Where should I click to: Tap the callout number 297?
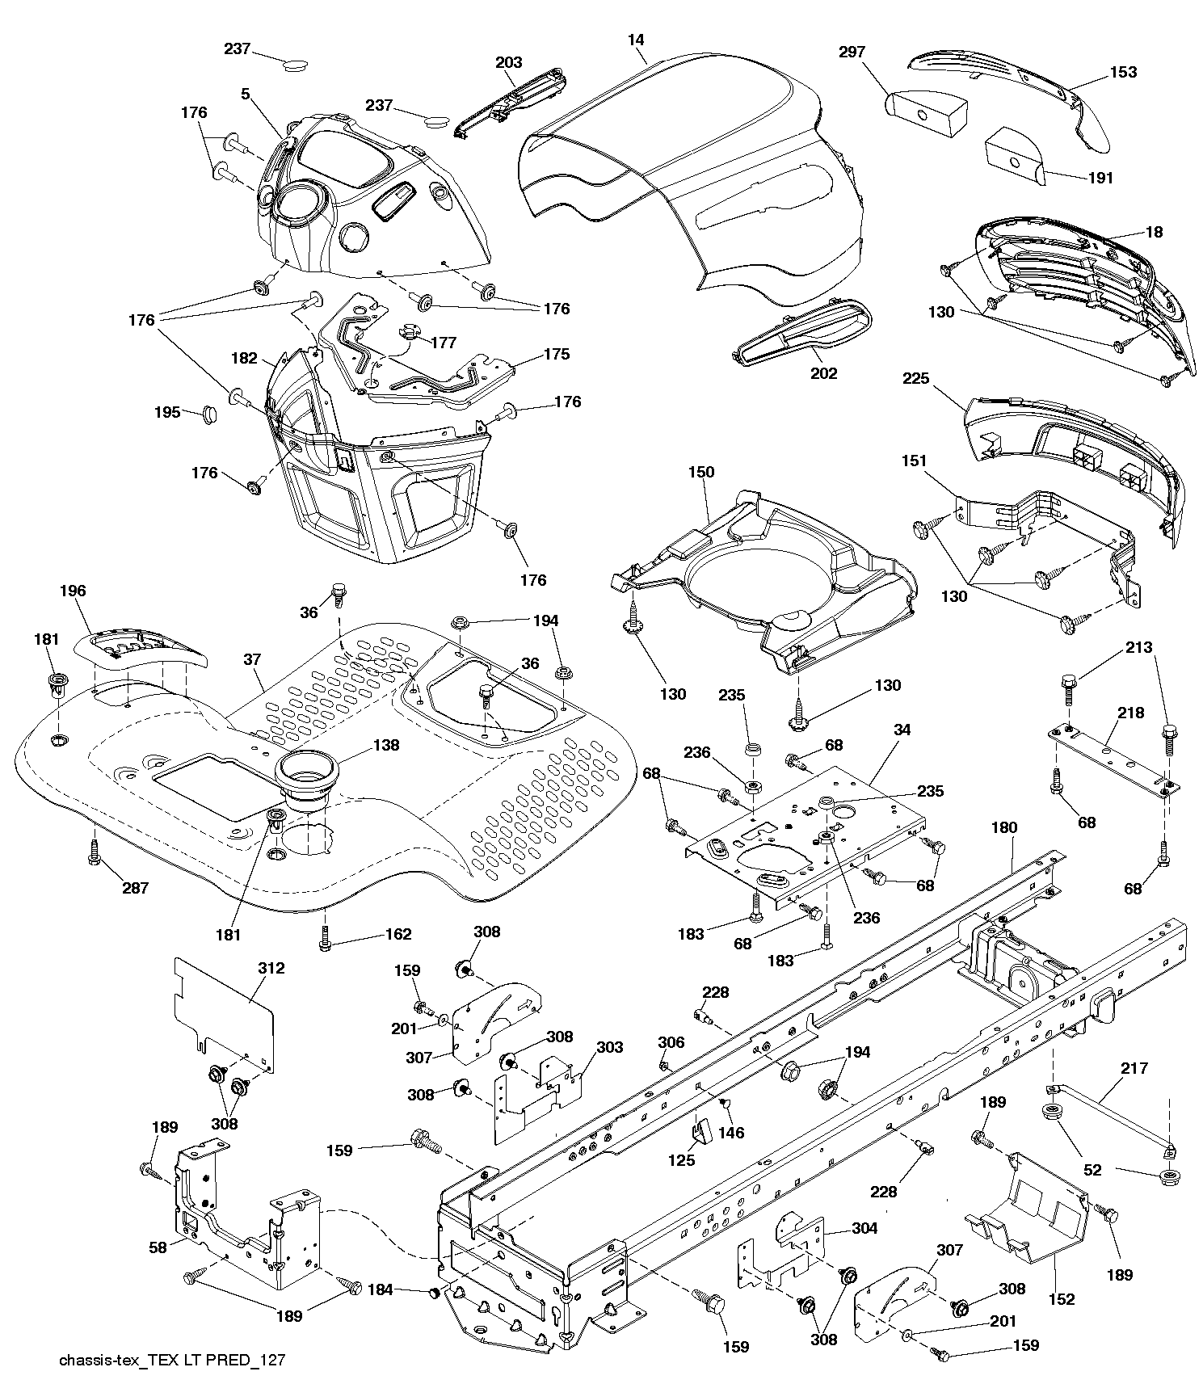[x=852, y=52]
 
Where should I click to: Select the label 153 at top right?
[x=1122, y=72]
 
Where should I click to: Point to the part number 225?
[x=916, y=378]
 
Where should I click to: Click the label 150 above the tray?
[x=700, y=472]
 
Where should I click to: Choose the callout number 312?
[x=271, y=968]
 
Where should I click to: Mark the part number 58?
[x=158, y=1247]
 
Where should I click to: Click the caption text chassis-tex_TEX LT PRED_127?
[x=172, y=1361]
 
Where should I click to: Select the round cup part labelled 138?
[x=307, y=776]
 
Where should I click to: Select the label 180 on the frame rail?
[x=1004, y=827]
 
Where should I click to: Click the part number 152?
[x=1062, y=1298]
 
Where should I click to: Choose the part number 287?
[x=135, y=887]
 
